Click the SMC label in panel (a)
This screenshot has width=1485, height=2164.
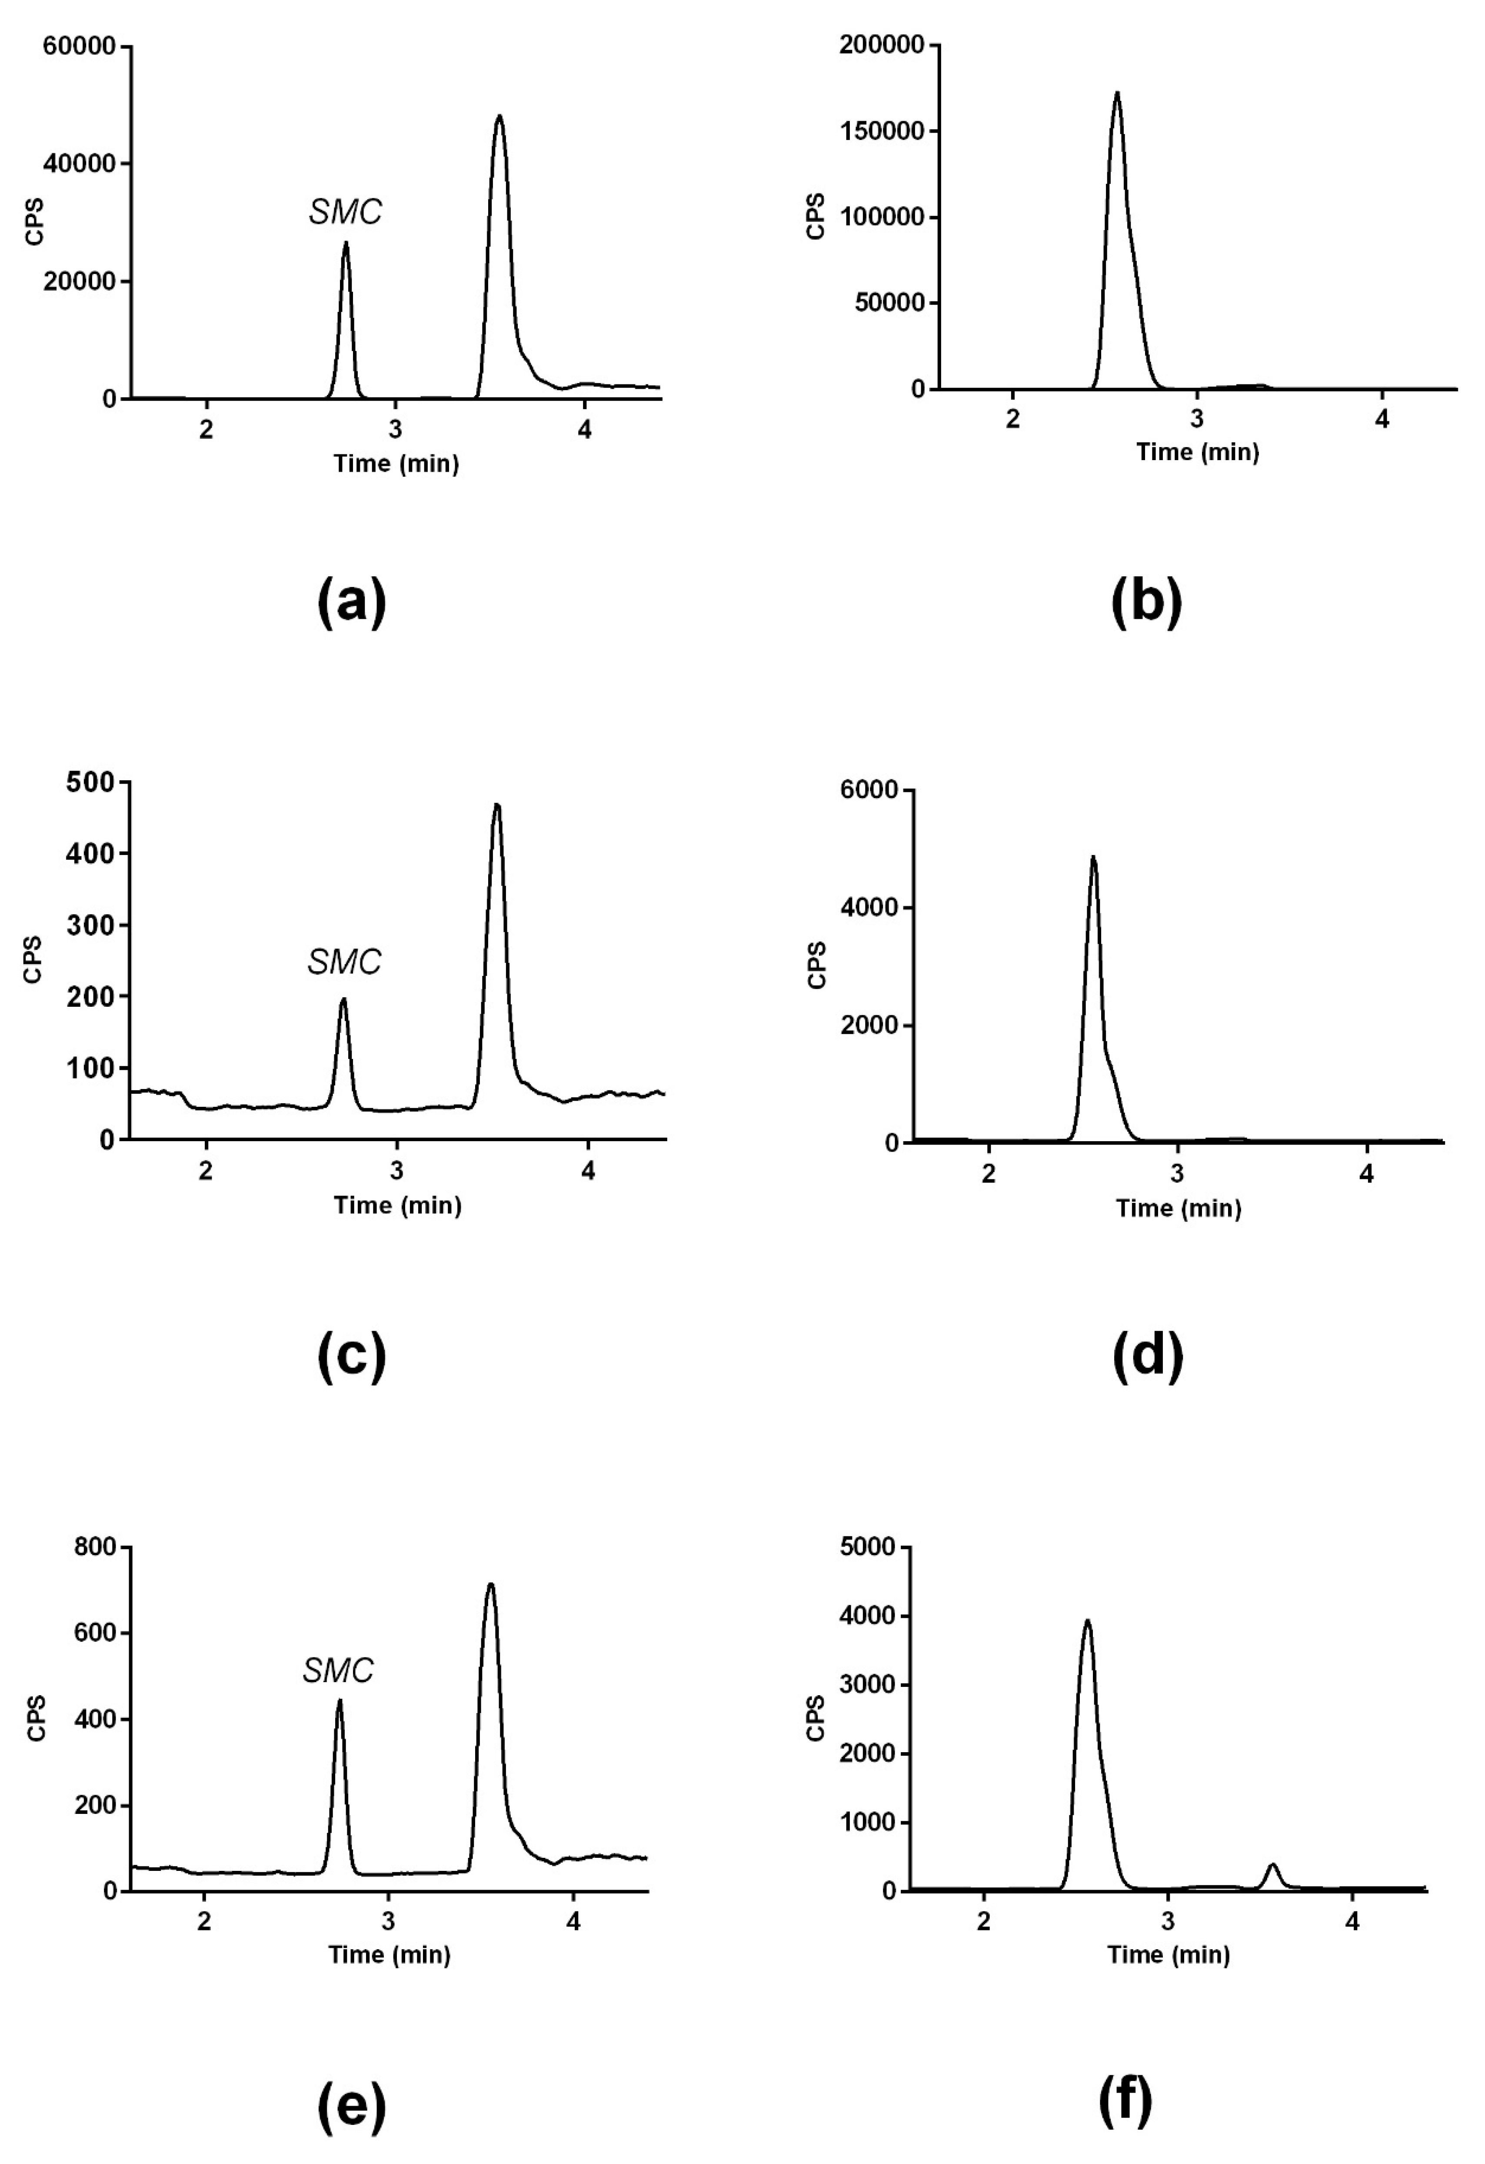click(x=346, y=212)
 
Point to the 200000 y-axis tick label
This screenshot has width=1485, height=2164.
click(x=882, y=45)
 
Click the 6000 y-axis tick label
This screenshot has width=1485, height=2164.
click(x=870, y=791)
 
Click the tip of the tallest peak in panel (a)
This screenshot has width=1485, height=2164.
click(x=499, y=117)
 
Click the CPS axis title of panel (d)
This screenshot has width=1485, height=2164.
click(x=816, y=965)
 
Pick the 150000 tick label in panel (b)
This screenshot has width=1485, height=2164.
click(x=882, y=131)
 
